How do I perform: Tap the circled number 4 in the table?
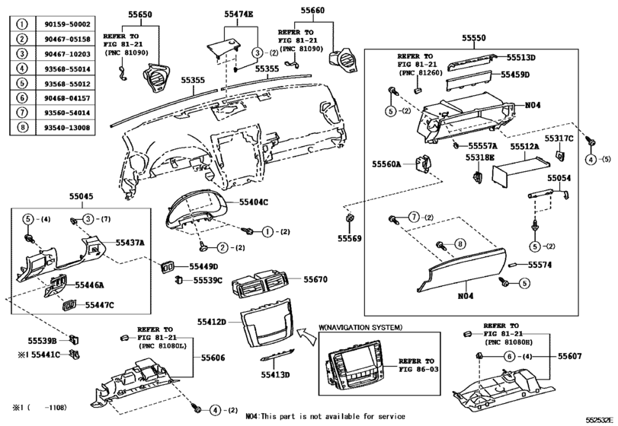tap(22, 69)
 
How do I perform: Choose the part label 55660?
tap(312, 11)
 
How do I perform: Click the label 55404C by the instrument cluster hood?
tap(256, 202)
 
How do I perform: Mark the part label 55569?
tap(351, 239)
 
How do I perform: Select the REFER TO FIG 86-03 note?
tap(418, 366)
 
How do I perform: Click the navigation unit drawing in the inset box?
tap(356, 365)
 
